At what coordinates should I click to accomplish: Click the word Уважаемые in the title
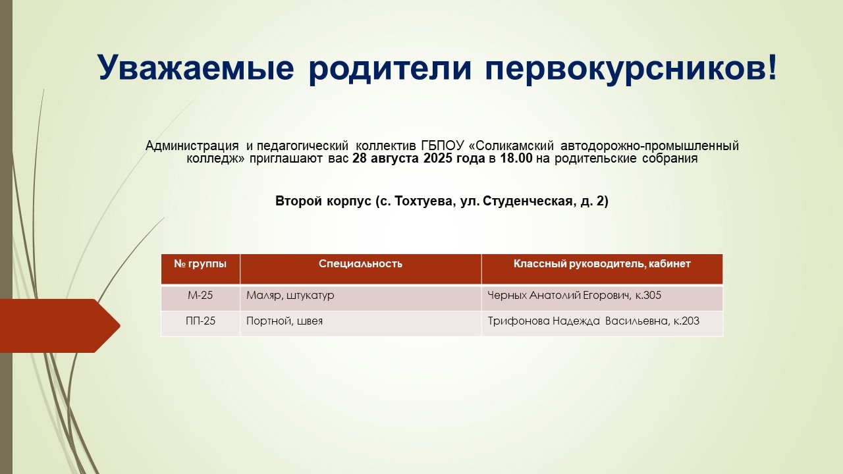196,68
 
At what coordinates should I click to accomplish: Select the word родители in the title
389,68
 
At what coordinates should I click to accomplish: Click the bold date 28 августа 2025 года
418,159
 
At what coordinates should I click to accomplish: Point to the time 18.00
516,159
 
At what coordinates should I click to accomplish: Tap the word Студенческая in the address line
528,201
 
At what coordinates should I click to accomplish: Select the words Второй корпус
323,201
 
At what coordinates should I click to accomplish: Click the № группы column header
200,264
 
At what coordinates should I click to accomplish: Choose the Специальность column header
360,264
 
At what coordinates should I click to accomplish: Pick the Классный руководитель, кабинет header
602,264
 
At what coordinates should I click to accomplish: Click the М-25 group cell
200,296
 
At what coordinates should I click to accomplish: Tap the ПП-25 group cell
200,321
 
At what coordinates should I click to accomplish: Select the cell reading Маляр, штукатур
290,296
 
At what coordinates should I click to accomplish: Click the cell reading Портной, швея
284,321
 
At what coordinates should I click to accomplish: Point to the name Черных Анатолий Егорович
558,296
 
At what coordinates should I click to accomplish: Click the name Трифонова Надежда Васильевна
578,321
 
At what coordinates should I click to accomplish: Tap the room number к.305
648,296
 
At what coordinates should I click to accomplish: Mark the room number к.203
686,321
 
